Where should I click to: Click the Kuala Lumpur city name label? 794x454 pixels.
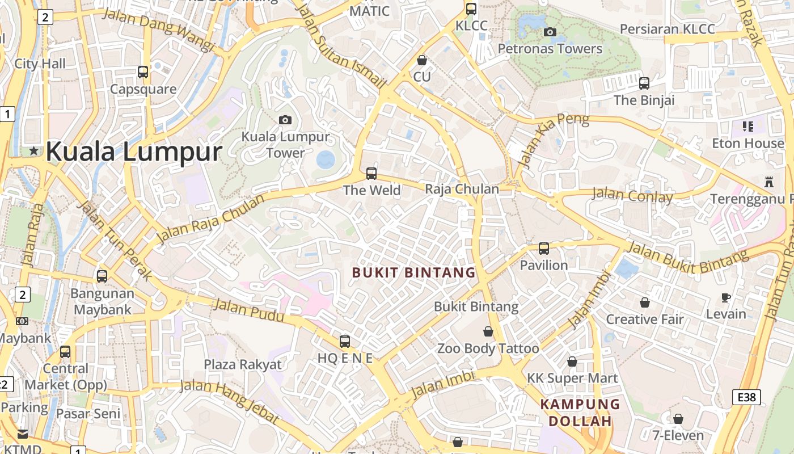[x=133, y=152]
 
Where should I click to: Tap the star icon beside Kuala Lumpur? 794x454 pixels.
[x=34, y=151]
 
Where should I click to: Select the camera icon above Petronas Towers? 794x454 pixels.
[x=550, y=32]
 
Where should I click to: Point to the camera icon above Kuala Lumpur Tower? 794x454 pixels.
[x=285, y=120]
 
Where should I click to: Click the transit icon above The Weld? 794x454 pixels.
[x=371, y=173]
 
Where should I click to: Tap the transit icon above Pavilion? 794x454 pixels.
[x=544, y=248]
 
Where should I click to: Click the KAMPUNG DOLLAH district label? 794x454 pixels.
[x=580, y=413]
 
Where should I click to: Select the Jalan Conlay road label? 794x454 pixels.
[x=632, y=195]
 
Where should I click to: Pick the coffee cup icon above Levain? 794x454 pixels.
[x=726, y=297]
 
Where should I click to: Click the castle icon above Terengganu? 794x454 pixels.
[x=769, y=182]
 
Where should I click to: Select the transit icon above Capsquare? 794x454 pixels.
[x=143, y=72]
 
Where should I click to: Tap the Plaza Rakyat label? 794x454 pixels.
[x=243, y=364]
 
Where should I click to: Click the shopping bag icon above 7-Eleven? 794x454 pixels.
[x=678, y=419]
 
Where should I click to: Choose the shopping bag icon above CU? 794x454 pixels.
[x=422, y=60]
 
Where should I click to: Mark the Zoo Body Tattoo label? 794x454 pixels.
[x=488, y=348]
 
